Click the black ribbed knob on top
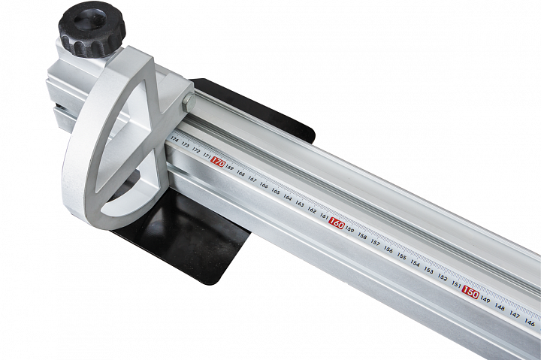click(91, 29)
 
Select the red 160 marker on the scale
click(336, 224)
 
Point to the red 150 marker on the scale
click(470, 292)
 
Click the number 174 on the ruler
click(174, 140)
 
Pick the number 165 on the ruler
click(276, 192)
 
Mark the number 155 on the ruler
click(401, 256)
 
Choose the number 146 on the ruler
click(530, 322)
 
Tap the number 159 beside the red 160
click(350, 230)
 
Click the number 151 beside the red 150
click(456, 285)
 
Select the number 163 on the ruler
click(300, 204)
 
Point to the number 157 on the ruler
click(375, 243)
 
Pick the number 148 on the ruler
click(500, 307)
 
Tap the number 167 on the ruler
click(252, 180)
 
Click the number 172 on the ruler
click(196, 150)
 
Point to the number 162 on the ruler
click(312, 210)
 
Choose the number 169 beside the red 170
click(229, 168)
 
